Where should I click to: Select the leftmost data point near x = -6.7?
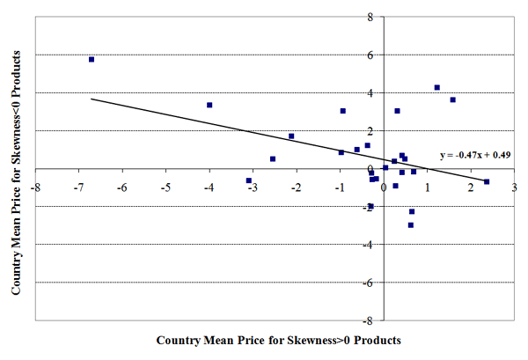[x=92, y=59]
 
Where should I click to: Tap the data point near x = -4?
[x=209, y=105]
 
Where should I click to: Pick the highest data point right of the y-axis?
[x=437, y=87]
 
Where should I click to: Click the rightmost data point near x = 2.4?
[x=487, y=181]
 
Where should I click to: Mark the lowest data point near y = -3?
[x=410, y=224]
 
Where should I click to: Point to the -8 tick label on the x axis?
[x=36, y=187]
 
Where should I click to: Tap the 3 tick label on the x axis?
[x=513, y=187]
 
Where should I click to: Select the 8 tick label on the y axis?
[x=370, y=17]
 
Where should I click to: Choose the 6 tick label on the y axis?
[x=370, y=55]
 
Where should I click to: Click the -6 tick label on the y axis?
[x=369, y=282]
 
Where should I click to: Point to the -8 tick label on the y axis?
[x=369, y=320]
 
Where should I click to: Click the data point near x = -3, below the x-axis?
[x=249, y=180]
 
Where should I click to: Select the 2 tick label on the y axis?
[x=370, y=130]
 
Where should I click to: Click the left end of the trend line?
[x=92, y=99]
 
